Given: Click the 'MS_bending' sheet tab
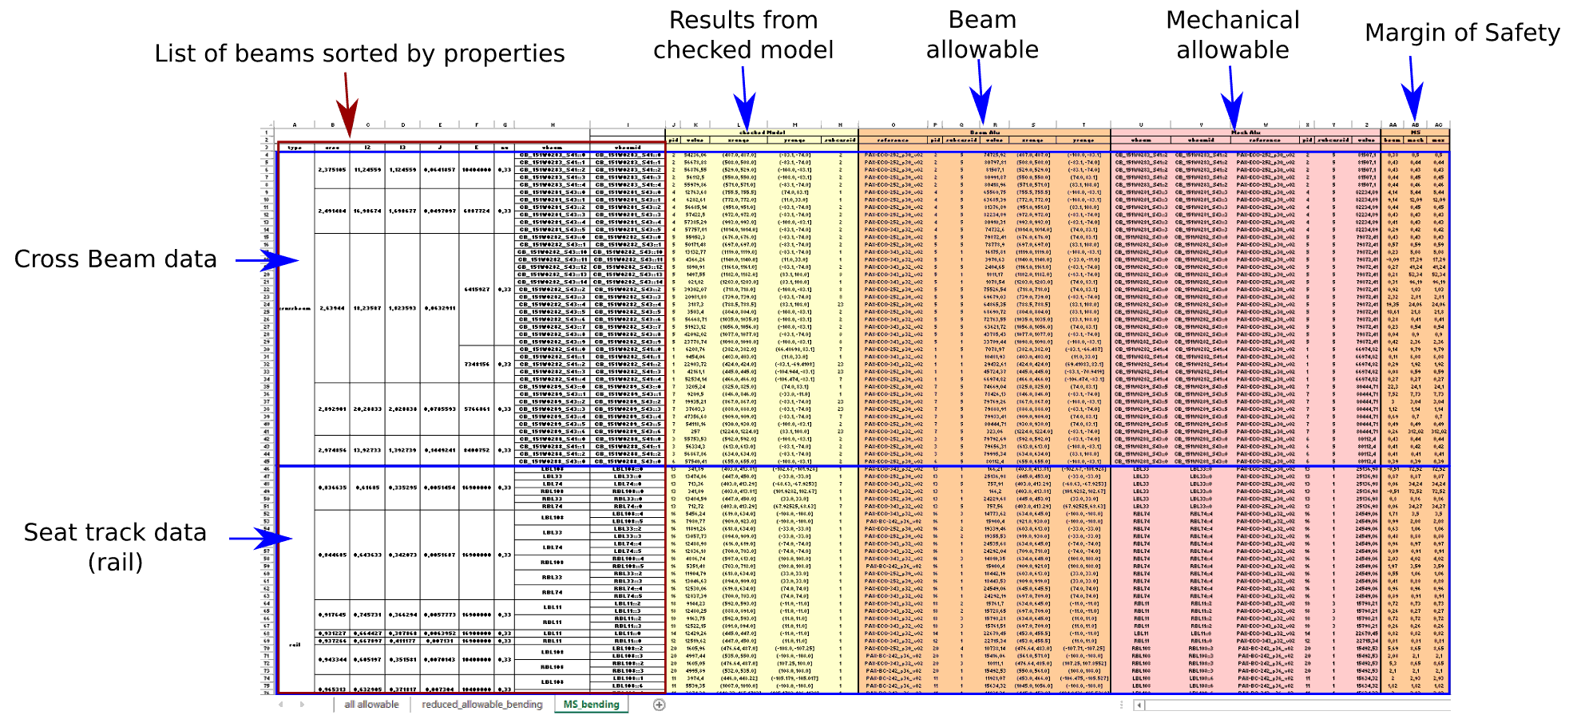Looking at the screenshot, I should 591,704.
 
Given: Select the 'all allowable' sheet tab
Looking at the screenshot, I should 371,704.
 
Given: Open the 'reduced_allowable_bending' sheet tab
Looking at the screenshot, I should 481,704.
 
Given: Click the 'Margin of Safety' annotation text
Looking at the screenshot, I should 1461,33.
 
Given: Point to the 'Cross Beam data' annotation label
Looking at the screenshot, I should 116,259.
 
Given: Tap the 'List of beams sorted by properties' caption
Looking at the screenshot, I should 359,53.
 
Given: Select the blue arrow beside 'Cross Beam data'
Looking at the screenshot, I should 267,260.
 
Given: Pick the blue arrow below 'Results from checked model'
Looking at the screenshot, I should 745,96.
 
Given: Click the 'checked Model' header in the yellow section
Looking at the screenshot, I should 762,132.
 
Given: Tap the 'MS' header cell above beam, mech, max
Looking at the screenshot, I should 1416,132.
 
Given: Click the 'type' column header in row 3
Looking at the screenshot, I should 295,148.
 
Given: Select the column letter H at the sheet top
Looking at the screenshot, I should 552,124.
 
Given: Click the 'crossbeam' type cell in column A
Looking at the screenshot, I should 295,308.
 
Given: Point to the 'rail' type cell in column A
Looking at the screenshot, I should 295,645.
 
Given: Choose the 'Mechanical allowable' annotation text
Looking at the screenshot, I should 1232,35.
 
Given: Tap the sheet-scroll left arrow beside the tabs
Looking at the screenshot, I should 280,704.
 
